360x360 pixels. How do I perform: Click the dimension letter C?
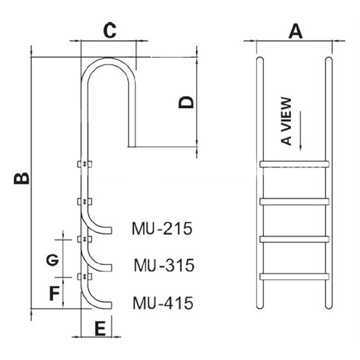pyautogui.click(x=110, y=30)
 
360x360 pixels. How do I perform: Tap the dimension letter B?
pyautogui.click(x=22, y=179)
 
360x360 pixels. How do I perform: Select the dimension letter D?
pyautogui.click(x=186, y=102)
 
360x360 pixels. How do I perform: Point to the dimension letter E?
pyautogui.click(x=100, y=328)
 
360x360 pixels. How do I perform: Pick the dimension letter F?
pyautogui.click(x=54, y=293)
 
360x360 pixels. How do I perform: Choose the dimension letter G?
pyautogui.click(x=53, y=260)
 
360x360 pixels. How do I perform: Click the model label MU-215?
pyautogui.click(x=162, y=228)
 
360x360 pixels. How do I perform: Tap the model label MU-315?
pyautogui.click(x=164, y=265)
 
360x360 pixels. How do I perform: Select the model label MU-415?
pyautogui.click(x=163, y=303)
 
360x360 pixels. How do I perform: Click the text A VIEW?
pyautogui.click(x=286, y=121)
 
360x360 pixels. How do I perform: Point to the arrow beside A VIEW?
pyautogui.click(x=300, y=132)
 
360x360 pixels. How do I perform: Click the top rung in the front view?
pyautogui.click(x=294, y=164)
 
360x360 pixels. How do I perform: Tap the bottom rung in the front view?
pyautogui.click(x=294, y=276)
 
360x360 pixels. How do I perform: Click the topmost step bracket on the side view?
pyautogui.click(x=84, y=164)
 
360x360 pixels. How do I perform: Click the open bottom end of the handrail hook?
pyautogui.click(x=132, y=146)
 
